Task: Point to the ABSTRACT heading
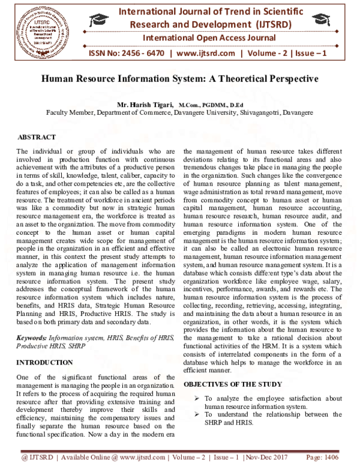point(37,138)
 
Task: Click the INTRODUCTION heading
point(45,363)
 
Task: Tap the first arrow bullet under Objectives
point(197,398)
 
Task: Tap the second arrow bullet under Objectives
point(197,414)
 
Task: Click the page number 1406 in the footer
point(337,458)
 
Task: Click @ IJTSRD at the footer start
point(40,458)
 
